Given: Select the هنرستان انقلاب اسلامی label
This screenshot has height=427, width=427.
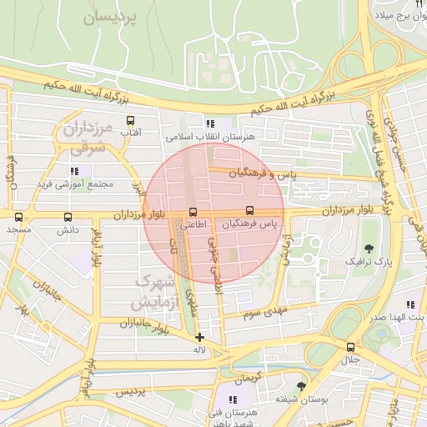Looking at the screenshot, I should (x=210, y=136).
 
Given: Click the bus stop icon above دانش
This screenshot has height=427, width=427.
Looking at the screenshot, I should (x=68, y=217).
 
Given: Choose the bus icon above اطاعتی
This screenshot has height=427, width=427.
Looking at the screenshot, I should (x=193, y=212).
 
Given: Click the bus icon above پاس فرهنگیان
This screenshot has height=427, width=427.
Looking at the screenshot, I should (x=249, y=211).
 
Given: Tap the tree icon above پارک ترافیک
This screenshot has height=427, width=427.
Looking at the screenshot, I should (x=369, y=248).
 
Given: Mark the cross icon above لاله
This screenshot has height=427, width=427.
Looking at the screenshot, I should (x=199, y=336).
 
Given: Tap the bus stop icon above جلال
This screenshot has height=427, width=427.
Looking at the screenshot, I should (x=349, y=347).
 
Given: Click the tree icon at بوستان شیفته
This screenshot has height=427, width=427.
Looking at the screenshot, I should (x=301, y=385).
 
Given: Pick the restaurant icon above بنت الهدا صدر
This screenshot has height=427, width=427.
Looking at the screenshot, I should (x=409, y=304).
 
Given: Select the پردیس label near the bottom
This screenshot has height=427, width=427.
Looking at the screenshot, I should (x=130, y=391).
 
